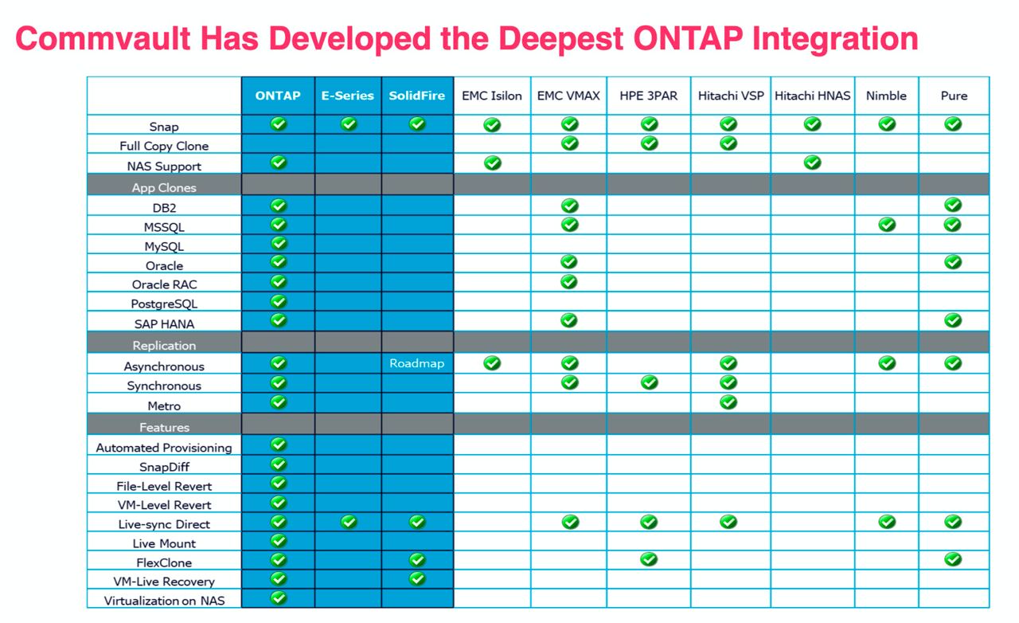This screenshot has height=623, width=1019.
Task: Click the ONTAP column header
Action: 278,96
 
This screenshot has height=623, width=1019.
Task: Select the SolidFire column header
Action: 416,96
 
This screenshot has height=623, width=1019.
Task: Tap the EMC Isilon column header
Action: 492,96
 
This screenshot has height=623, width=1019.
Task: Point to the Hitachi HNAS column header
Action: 813,96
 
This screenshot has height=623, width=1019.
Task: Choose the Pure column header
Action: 954,96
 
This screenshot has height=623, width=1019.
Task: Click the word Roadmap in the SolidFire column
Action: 416,363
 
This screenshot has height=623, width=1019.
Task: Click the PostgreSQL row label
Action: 164,304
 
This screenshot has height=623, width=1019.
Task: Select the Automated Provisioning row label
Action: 164,448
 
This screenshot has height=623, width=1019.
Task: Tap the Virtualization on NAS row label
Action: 164,601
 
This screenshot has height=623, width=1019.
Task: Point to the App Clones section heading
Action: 164,188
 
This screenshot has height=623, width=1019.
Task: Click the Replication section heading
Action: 164,346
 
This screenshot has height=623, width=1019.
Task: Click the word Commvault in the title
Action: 103,38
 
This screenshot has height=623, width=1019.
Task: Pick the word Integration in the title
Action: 835,40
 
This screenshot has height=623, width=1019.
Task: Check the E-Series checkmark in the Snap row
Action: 349,123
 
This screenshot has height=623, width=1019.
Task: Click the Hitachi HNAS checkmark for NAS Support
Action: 813,163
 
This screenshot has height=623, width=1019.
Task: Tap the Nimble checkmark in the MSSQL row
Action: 887,225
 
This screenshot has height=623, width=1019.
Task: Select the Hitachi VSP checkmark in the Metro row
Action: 728,402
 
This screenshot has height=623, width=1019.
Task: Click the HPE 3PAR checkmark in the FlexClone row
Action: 649,558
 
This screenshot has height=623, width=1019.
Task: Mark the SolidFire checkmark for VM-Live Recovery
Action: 417,578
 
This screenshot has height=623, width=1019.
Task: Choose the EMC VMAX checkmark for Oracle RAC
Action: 569,282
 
